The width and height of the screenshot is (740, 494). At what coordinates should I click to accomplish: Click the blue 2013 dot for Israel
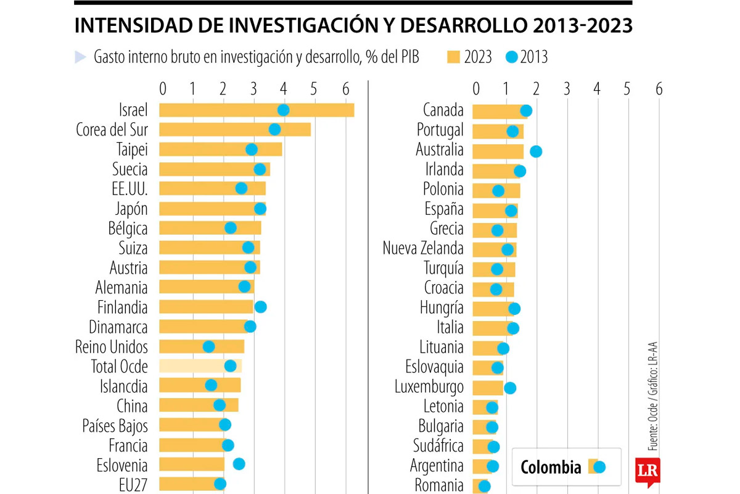click(283, 110)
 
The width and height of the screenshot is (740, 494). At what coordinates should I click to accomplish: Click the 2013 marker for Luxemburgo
click(509, 388)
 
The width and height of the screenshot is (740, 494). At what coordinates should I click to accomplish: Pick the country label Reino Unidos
click(111, 346)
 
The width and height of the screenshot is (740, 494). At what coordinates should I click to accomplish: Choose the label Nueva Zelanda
click(423, 249)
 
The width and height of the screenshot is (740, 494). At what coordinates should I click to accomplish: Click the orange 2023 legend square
click(453, 57)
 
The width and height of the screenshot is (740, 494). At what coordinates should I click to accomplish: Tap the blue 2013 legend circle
click(512, 57)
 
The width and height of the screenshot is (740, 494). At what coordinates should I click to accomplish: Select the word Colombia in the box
click(551, 467)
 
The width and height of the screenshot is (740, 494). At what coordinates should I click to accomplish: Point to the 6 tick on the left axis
click(343, 88)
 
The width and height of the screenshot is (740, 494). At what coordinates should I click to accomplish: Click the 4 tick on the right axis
click(596, 88)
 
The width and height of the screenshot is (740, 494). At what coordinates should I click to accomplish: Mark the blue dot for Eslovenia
click(239, 464)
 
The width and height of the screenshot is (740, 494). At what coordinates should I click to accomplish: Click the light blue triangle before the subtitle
click(80, 57)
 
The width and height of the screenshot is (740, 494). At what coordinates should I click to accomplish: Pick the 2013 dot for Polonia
click(498, 191)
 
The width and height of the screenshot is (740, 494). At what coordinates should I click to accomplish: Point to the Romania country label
click(439, 485)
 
